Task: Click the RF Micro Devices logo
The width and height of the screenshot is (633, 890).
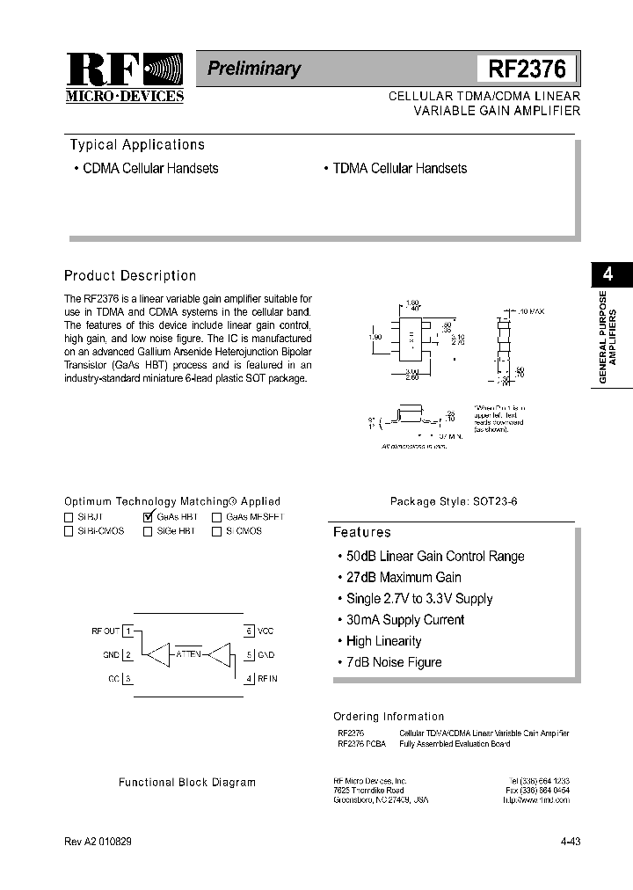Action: tap(124, 77)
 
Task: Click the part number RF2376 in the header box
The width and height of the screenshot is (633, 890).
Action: tap(527, 69)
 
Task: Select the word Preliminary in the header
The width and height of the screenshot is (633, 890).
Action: tap(254, 69)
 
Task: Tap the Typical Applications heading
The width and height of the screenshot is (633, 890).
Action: tap(137, 145)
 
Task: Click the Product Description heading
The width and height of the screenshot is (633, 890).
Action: tap(130, 275)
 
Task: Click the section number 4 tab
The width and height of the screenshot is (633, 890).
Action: tap(608, 274)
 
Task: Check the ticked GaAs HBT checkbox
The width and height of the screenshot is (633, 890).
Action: tap(148, 517)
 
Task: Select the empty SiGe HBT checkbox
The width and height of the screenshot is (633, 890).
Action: tap(148, 531)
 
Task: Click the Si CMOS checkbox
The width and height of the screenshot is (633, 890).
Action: tap(216, 531)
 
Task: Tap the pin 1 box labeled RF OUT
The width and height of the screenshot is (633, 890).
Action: tap(128, 631)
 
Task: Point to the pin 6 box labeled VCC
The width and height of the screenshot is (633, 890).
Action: tap(249, 631)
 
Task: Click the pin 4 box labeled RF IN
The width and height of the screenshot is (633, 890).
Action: tap(249, 678)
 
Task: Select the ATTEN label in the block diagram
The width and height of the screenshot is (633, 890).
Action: tap(188, 654)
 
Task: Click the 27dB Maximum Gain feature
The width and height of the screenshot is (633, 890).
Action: tap(403, 577)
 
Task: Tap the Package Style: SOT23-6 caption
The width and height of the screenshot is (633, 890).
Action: tap(454, 501)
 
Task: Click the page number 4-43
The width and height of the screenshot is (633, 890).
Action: tap(570, 841)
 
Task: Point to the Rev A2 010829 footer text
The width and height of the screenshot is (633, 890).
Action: tap(98, 841)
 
